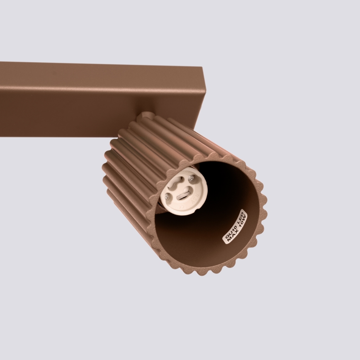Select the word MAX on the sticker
tap(232, 237)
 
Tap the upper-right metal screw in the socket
tap(191, 178)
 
